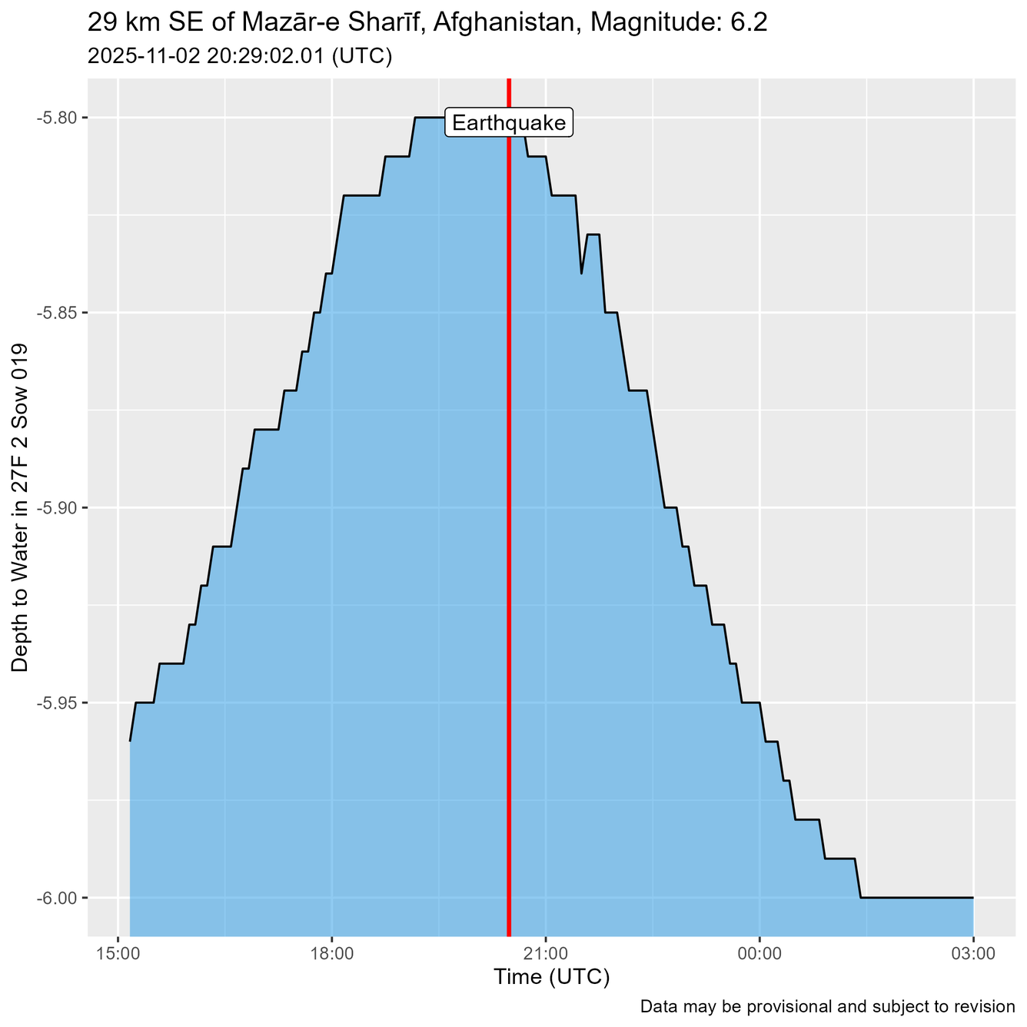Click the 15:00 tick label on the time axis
(x=118, y=954)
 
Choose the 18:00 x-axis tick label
(x=331, y=954)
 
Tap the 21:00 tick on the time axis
(x=545, y=954)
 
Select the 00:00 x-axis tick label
(x=759, y=954)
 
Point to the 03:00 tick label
(x=973, y=954)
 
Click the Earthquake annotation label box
(x=509, y=123)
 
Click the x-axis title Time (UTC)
(x=551, y=978)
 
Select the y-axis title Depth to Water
(x=21, y=508)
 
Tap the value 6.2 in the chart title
(x=749, y=23)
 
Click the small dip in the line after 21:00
(x=581, y=273)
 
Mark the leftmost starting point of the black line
(x=130, y=741)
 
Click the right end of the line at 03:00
(x=973, y=898)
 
